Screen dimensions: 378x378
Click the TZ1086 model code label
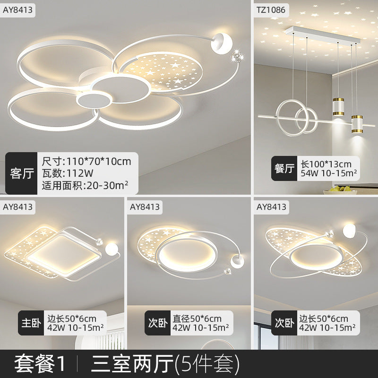(x=271, y=9)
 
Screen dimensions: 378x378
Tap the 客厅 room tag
(x=21, y=173)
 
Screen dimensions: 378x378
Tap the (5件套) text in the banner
(x=207, y=363)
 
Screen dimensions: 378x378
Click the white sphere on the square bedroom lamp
(x=112, y=249)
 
